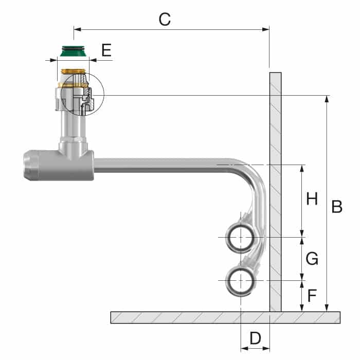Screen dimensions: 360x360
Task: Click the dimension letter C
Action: [x=165, y=20]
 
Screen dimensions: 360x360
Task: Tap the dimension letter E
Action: [x=106, y=50]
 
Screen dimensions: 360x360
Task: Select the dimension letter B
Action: [x=337, y=207]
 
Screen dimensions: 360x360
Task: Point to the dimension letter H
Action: [x=312, y=199]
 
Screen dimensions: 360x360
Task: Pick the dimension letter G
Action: [x=312, y=259]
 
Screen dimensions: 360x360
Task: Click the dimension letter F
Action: [x=312, y=296]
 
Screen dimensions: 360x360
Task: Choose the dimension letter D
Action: [x=255, y=338]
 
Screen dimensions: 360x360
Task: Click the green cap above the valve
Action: [x=74, y=51]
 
